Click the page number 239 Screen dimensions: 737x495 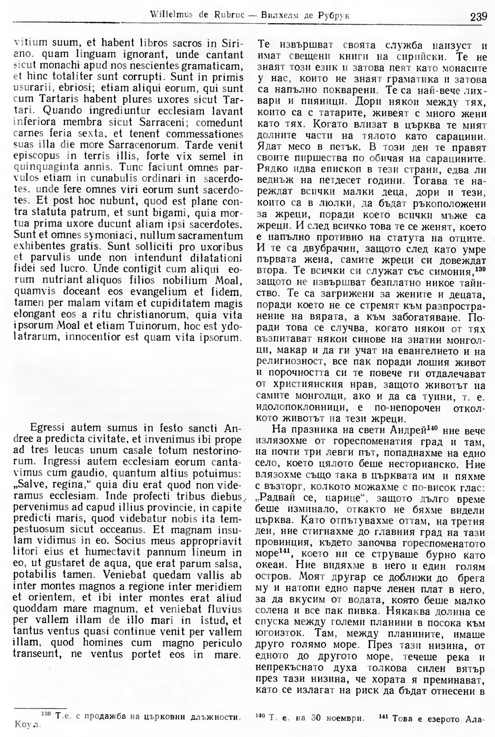pos(478,17)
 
